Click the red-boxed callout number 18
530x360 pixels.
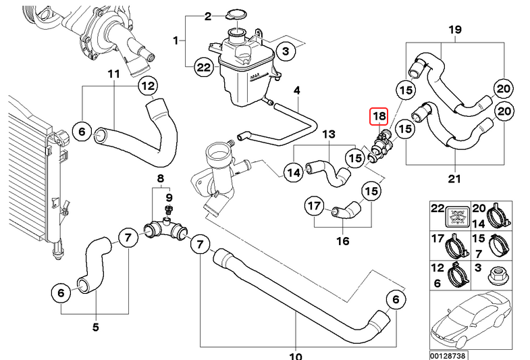coord(379,116)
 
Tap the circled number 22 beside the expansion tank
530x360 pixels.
coord(203,68)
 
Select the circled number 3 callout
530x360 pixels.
coord(286,51)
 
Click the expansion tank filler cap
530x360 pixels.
coord(236,15)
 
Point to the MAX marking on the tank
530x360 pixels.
coord(255,76)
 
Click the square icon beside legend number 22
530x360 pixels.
coord(457,216)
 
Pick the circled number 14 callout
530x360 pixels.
coord(294,173)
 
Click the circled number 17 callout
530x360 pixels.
coord(315,205)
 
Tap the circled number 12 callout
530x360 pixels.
coord(148,86)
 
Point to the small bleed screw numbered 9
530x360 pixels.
coord(168,209)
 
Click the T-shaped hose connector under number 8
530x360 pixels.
coord(165,230)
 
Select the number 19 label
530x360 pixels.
coord(455,30)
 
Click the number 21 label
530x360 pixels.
coord(454,179)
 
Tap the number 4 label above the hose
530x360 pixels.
coord(296,91)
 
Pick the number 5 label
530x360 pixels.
coord(96,327)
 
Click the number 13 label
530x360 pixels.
coord(329,134)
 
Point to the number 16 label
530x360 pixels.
coord(343,241)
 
